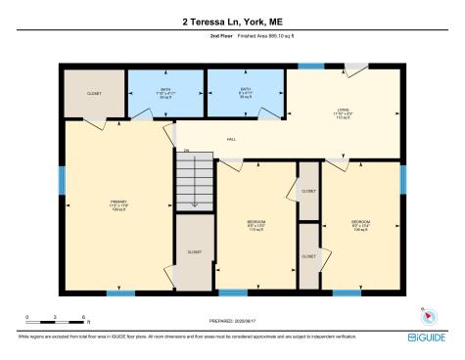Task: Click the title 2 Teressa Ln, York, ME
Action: (232, 20)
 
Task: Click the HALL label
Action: (232, 140)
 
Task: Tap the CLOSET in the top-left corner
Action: (95, 93)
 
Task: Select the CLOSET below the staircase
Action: (195, 252)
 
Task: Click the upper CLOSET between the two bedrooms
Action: (308, 192)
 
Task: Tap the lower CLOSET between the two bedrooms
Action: (308, 255)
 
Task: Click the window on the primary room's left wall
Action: (62, 179)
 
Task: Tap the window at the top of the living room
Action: (310, 67)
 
